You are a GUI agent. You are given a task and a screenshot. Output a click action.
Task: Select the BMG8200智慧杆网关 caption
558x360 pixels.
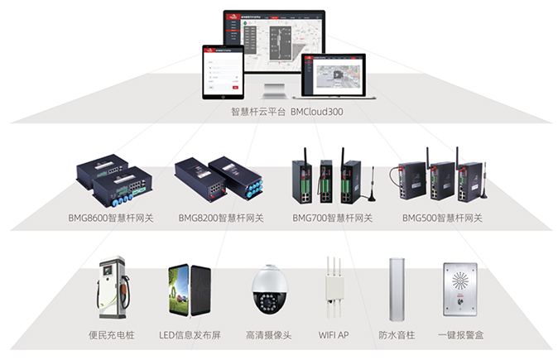tap(221, 218)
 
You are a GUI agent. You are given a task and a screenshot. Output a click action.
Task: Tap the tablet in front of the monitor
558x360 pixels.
tap(222, 70)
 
